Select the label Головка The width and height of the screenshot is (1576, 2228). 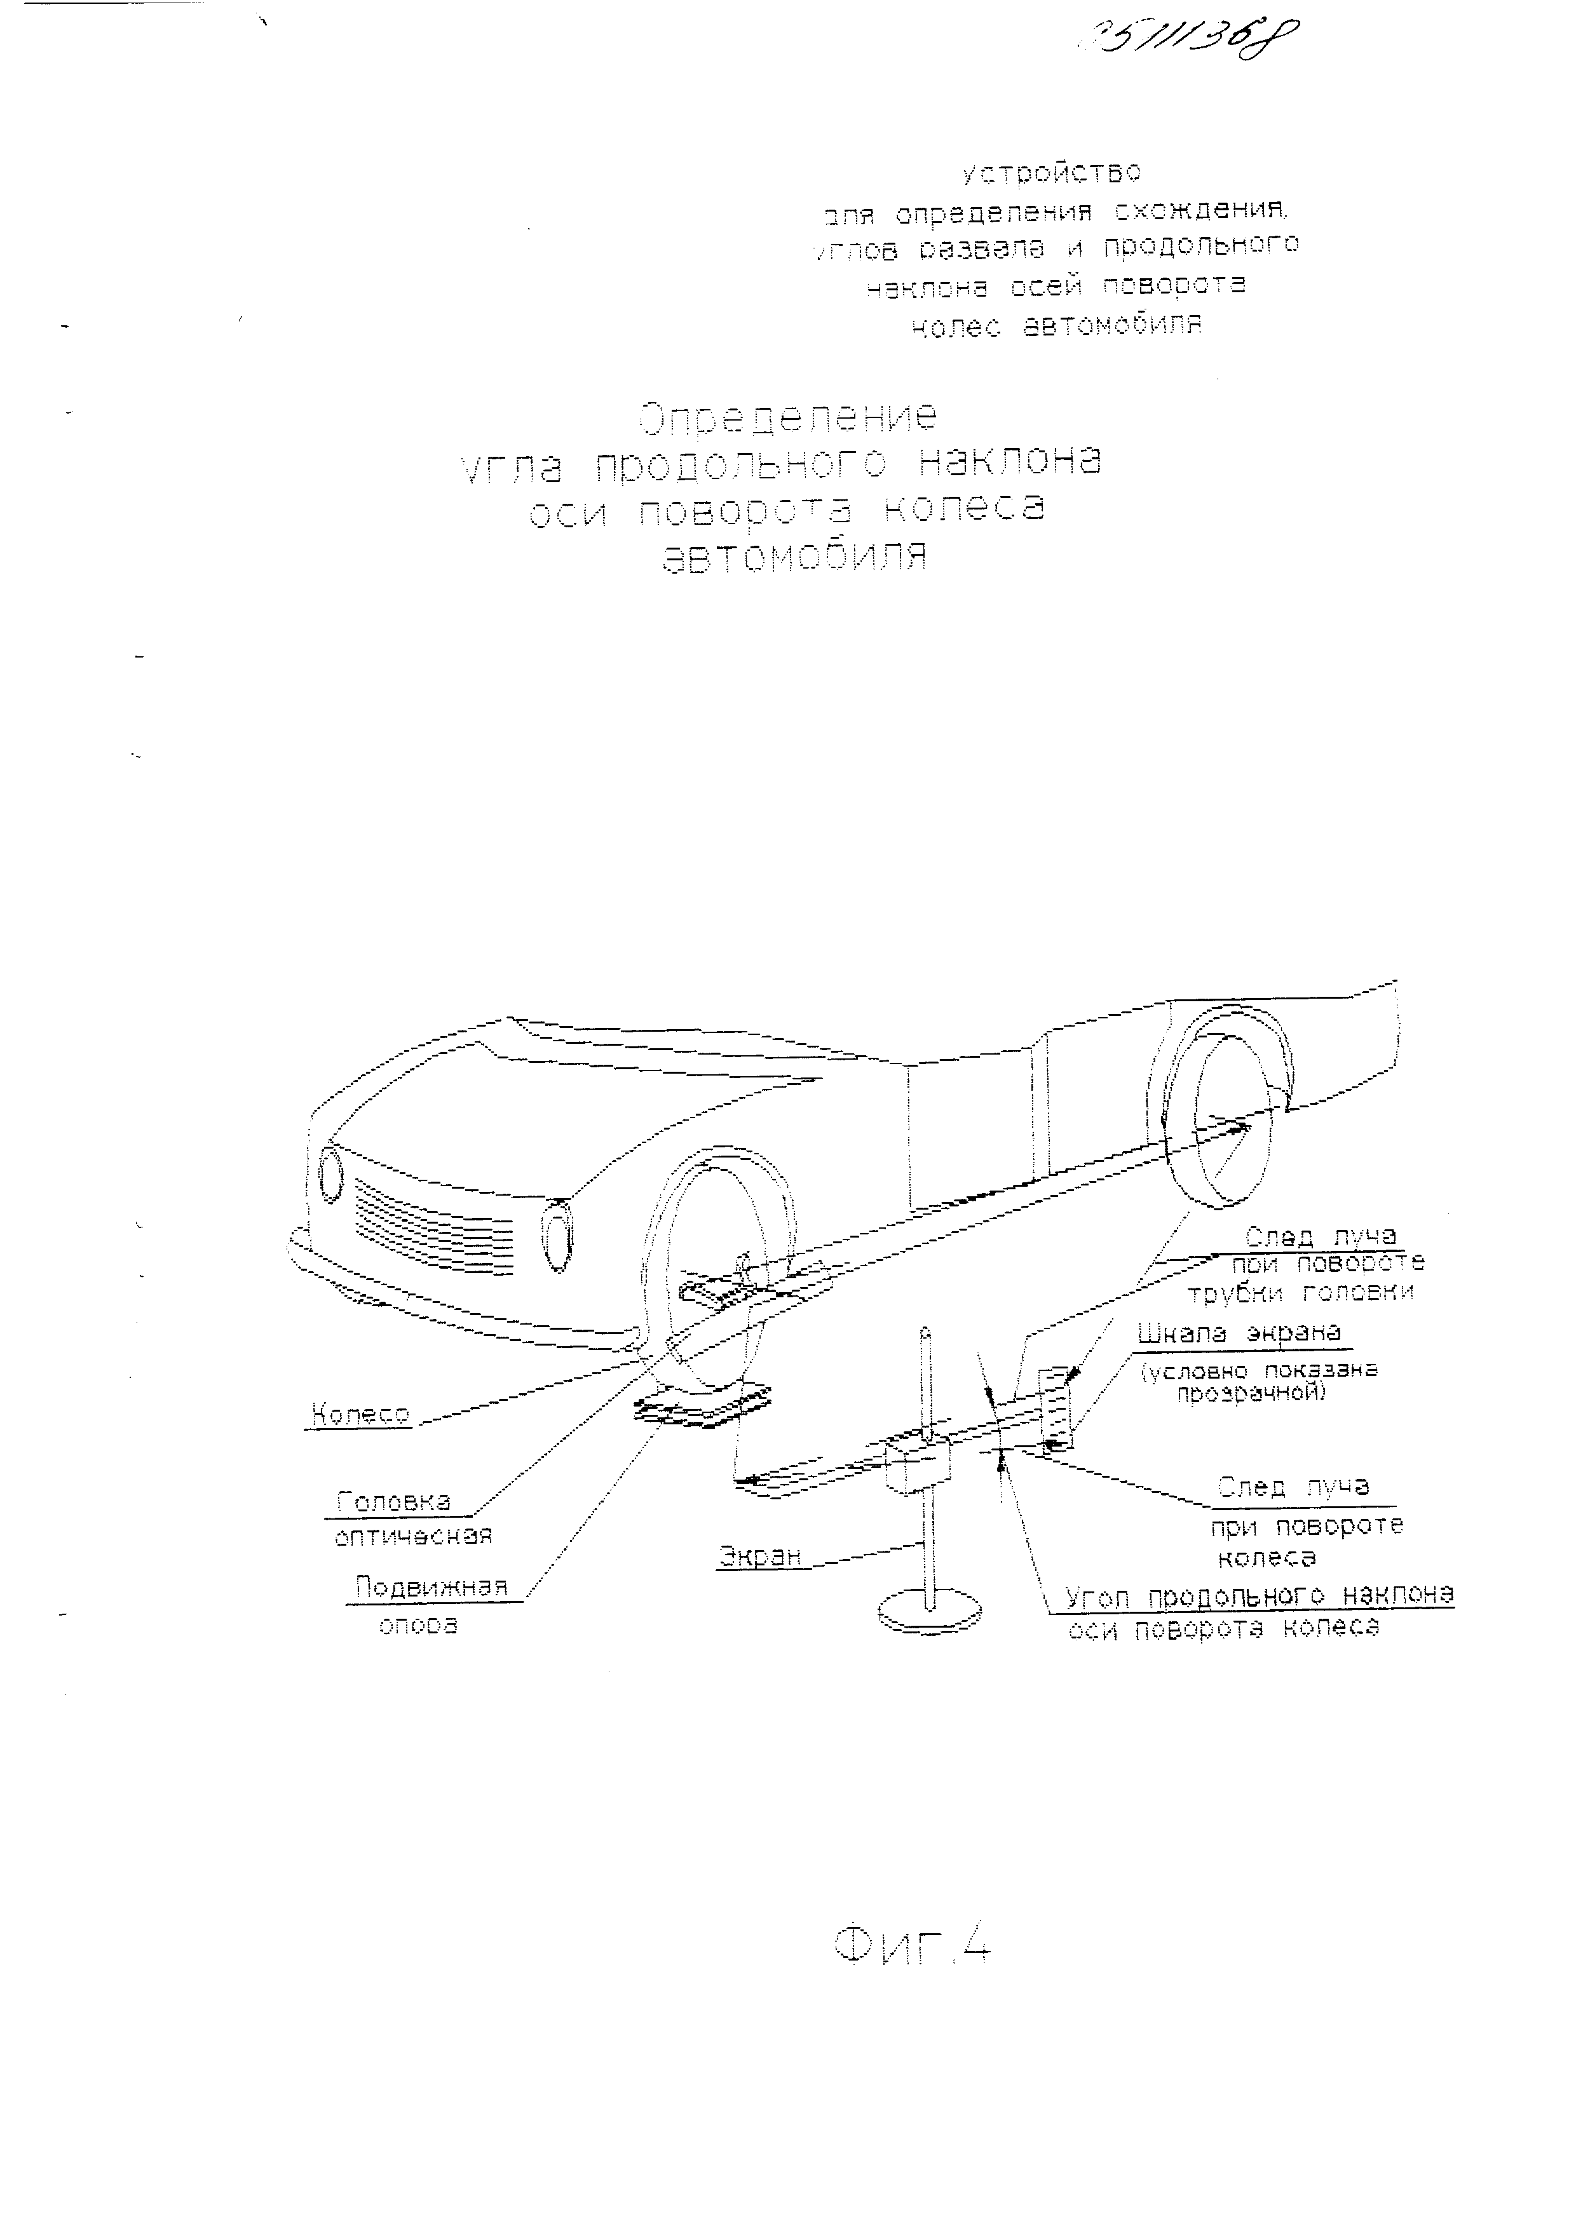pos(394,1501)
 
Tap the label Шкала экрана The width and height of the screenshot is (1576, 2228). pos(1239,1333)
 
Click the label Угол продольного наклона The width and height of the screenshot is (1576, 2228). pos(1259,1595)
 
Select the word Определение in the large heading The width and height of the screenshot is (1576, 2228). pos(788,417)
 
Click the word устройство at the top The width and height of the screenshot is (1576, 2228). pos(1051,173)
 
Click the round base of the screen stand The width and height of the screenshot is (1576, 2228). pos(928,1612)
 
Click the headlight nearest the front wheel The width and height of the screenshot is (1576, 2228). pos(557,1235)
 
